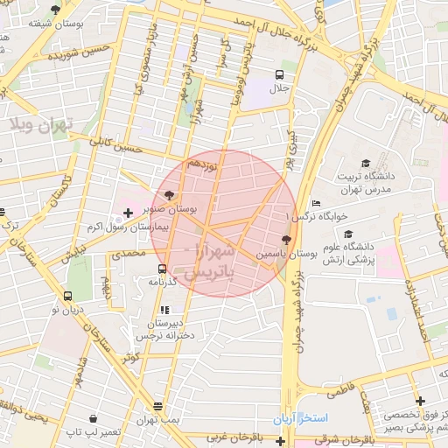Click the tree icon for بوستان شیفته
[x=56, y=10]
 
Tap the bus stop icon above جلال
[x=279, y=74]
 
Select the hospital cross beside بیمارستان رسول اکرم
[x=129, y=213]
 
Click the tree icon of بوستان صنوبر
[x=168, y=195]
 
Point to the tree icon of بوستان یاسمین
[x=287, y=239]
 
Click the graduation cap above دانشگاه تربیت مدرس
[x=365, y=163]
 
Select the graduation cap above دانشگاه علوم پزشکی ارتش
[x=348, y=234]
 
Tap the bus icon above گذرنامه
[x=162, y=269]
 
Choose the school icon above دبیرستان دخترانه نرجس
[x=164, y=310]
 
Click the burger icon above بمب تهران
[x=157, y=407]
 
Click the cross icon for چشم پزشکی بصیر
[x=421, y=402]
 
